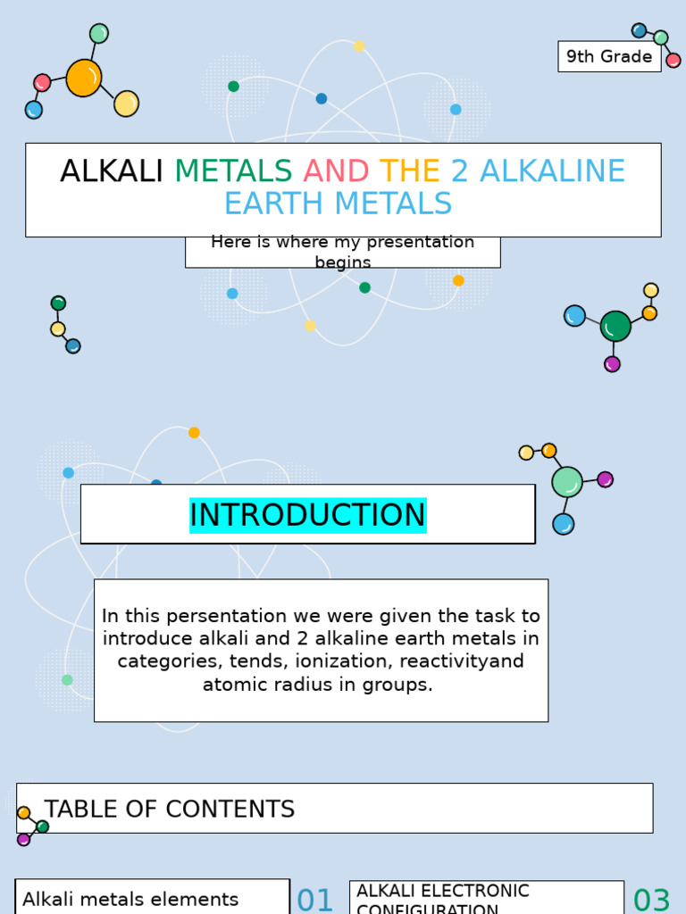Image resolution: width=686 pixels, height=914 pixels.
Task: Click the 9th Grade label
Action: coord(609,56)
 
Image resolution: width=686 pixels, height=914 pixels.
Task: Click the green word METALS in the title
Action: coord(233,170)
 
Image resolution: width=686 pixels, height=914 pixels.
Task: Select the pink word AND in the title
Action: coord(336,170)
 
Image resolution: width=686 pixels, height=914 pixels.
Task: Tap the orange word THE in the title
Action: coord(410,170)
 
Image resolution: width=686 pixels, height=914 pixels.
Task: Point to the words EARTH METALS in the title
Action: coord(338,204)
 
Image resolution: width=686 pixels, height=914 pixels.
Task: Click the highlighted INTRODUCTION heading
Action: coord(307,515)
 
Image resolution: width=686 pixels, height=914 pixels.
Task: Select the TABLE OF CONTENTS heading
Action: coord(170,810)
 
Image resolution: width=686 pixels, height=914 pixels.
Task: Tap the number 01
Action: coord(314,900)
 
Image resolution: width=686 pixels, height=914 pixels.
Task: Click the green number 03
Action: coord(651,900)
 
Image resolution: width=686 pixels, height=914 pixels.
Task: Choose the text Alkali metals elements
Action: coord(130,900)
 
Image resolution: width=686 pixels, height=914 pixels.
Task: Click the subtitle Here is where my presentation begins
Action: coord(342,252)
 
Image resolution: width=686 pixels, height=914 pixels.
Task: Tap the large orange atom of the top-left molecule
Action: coord(84,78)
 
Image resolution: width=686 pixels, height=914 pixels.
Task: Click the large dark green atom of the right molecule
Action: coord(615,327)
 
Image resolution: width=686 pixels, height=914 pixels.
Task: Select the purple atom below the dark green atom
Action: coord(612,364)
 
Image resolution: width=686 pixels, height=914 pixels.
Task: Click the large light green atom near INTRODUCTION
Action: coord(567,482)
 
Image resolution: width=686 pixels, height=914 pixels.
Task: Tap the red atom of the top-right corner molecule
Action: coord(673,61)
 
